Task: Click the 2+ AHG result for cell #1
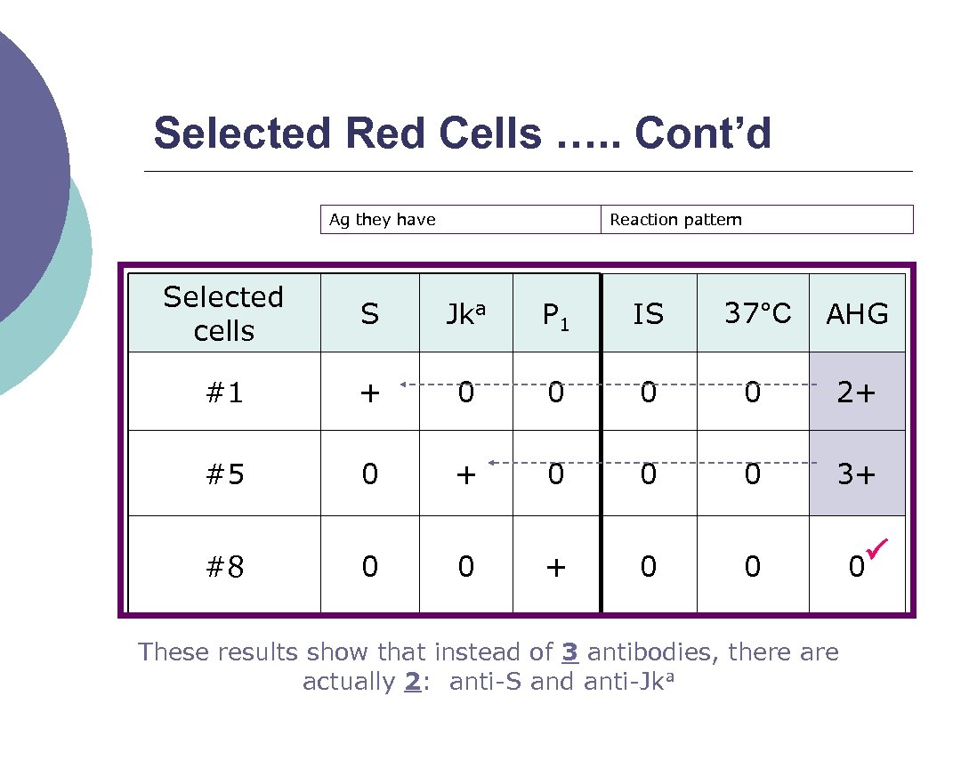[x=856, y=393]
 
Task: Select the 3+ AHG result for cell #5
[x=856, y=474]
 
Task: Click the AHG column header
[x=857, y=314]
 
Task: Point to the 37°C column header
[x=757, y=313]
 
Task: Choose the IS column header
[x=648, y=314]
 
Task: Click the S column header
[x=370, y=314]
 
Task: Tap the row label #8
[x=224, y=567]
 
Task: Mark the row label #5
[x=224, y=474]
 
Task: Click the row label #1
[x=224, y=393]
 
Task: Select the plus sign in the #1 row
[x=370, y=393]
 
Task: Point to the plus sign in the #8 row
[x=555, y=567]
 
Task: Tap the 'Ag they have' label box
[x=460, y=220]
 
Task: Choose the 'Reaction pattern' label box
[x=757, y=220]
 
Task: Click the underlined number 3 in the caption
[x=570, y=652]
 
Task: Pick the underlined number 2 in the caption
[x=412, y=683]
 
